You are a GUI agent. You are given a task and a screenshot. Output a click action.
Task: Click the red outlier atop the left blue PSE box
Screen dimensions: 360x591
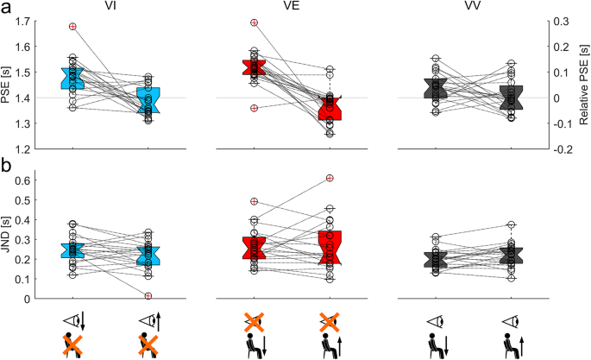coord(72,27)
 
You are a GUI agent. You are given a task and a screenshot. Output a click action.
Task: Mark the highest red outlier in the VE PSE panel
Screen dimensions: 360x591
coord(254,22)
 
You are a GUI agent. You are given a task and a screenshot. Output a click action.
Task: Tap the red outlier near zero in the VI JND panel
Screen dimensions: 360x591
coord(148,296)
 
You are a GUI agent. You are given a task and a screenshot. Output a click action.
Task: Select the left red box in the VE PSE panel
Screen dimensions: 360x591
coord(254,68)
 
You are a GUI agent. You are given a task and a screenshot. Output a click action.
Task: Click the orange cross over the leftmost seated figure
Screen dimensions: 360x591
coord(73,344)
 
